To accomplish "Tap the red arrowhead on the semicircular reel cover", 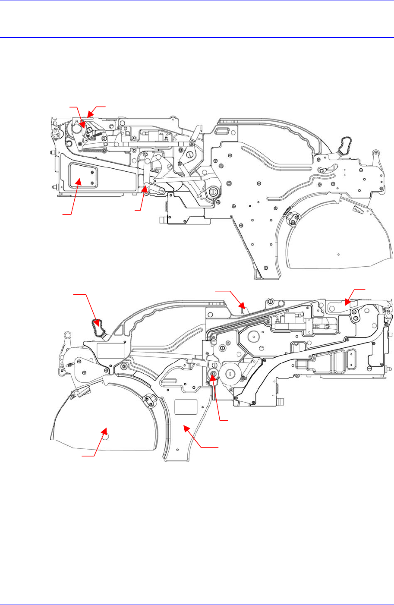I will coord(104,430).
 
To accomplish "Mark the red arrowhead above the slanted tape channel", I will coord(243,308).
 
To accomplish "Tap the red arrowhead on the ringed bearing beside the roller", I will coord(212,375).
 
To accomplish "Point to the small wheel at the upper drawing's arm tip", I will coord(375,153).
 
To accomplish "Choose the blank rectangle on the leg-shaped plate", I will coord(186,406).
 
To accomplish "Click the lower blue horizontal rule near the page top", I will coord(197,38).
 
